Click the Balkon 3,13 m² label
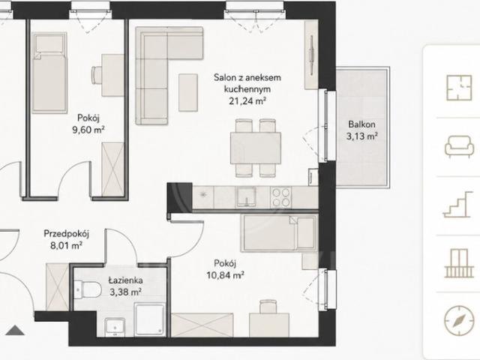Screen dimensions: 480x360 361,130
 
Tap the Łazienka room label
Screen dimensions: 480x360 125,280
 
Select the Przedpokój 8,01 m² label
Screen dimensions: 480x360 67,240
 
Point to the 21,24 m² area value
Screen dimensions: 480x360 247,100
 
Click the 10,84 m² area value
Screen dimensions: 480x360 225,275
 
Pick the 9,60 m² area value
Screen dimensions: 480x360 88,130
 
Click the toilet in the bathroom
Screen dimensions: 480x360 88,289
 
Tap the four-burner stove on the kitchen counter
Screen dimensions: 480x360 281,197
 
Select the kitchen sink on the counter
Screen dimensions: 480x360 246,197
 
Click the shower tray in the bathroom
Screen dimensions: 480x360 150,319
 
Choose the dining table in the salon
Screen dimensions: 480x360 256,148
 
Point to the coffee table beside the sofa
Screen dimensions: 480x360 188,92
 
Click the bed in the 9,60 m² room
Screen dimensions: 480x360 49,73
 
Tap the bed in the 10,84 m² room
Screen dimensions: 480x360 278,233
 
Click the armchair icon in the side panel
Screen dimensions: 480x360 459,145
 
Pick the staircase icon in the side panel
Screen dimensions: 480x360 457,205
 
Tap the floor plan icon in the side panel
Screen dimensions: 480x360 458,87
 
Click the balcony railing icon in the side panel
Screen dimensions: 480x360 459,263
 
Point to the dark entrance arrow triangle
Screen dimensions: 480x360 15,330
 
